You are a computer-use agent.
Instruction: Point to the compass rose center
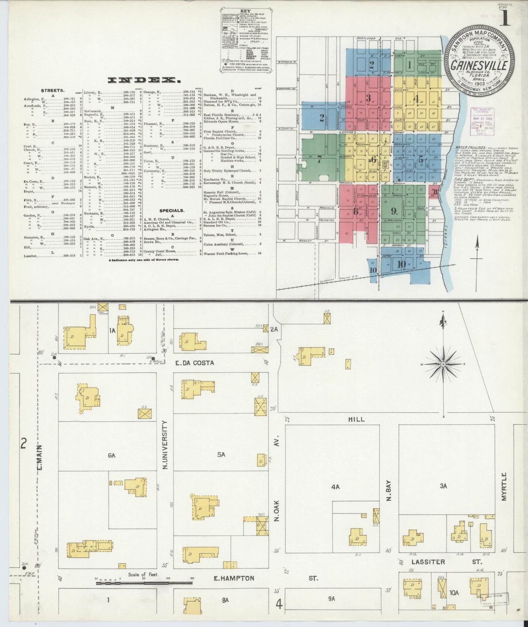pos(443,365)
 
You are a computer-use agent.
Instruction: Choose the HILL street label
pos(356,419)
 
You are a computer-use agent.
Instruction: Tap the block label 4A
pos(335,487)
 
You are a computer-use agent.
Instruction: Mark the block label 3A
pos(443,486)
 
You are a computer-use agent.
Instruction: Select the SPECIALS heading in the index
pos(171,211)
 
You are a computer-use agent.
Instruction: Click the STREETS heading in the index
pos(53,90)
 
